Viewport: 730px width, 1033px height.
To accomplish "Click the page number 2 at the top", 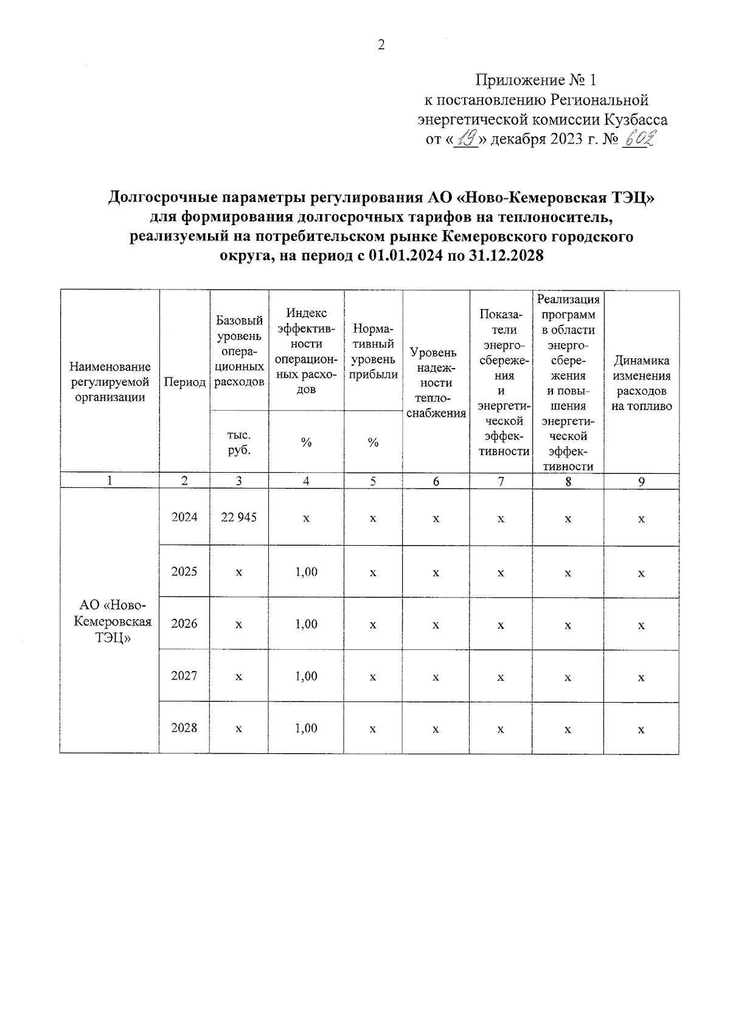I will pyautogui.click(x=381, y=45).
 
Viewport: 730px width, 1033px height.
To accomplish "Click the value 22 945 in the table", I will pyautogui.click(x=239, y=517).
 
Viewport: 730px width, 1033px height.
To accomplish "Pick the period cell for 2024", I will pyautogui.click(x=184, y=517).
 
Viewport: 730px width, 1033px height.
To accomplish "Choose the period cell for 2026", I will pyautogui.click(x=184, y=624).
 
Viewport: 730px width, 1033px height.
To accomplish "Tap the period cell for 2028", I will pyautogui.click(x=184, y=728).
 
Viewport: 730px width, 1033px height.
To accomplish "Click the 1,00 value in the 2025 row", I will pyautogui.click(x=306, y=572).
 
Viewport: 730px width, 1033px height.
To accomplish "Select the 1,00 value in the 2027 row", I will pyautogui.click(x=306, y=676).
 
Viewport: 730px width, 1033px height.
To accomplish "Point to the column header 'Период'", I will pyautogui.click(x=184, y=383).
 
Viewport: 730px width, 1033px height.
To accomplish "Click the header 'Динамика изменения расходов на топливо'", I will pyautogui.click(x=641, y=383).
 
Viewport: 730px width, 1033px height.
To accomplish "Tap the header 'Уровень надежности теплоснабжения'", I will pyautogui.click(x=436, y=383).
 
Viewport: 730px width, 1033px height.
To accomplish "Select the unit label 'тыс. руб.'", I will pyautogui.click(x=239, y=442).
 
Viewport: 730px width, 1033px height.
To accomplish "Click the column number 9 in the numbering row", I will pyautogui.click(x=641, y=481).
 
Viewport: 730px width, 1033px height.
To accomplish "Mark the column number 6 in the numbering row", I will pyautogui.click(x=436, y=481).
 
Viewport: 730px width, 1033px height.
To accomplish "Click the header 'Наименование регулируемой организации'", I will pyautogui.click(x=110, y=382).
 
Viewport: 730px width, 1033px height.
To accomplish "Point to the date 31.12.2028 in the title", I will pyautogui.click(x=507, y=256).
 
